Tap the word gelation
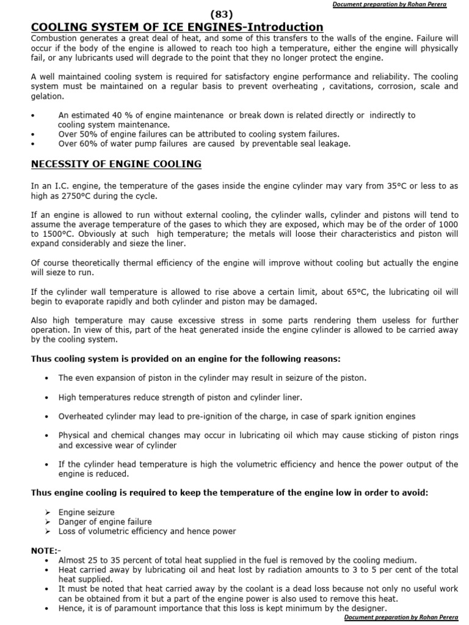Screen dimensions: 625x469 pyautogui.click(x=46, y=96)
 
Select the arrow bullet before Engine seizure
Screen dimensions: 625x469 pyautogui.click(x=48, y=512)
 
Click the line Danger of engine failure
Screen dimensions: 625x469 pyautogui.click(x=105, y=522)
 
